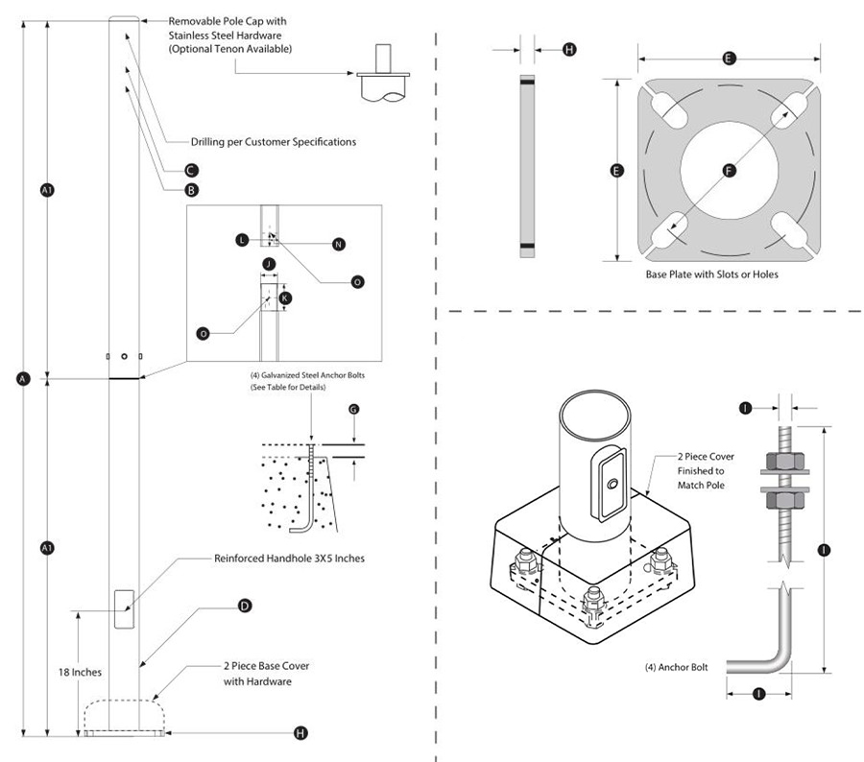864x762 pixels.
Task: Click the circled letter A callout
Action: coord(23,378)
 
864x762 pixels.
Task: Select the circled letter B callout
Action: coord(191,190)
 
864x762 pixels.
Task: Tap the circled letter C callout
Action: coord(191,170)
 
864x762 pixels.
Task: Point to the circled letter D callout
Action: coord(245,607)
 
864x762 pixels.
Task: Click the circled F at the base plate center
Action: coord(729,171)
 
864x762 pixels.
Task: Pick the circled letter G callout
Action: coord(353,409)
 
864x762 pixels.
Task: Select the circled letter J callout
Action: coord(269,264)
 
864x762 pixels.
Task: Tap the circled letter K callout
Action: coord(285,298)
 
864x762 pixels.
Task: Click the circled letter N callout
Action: coord(339,244)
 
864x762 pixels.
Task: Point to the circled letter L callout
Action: coord(242,240)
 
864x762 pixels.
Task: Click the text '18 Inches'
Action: coord(80,672)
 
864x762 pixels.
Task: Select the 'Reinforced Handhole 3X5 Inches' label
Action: coord(289,559)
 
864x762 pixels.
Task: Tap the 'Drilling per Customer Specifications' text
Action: coord(274,142)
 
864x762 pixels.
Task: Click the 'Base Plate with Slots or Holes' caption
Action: coord(712,274)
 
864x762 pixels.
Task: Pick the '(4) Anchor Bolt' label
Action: coord(676,667)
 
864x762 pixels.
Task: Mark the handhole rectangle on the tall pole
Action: coord(124,608)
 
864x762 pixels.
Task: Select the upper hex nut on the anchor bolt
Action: coord(784,461)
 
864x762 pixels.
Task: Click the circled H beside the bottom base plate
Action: coord(300,733)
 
